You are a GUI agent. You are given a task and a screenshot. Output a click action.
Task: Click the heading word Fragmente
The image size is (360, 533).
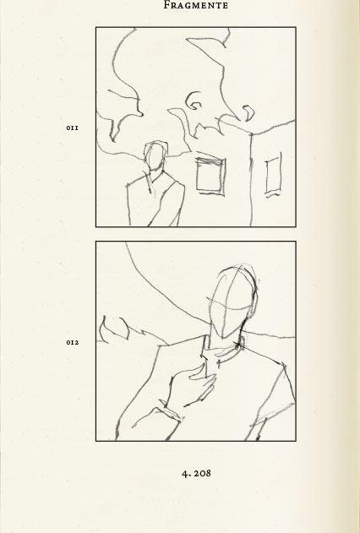(195, 5)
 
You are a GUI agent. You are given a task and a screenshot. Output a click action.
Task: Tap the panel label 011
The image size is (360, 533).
(72, 128)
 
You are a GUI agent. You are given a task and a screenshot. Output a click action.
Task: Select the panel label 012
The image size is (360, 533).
(73, 342)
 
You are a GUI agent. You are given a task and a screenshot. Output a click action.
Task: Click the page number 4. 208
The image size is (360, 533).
(197, 473)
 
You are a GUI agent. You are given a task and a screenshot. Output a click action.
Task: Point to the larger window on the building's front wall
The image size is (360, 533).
(210, 176)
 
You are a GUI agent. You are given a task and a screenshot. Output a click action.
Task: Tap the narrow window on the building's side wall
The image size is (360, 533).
(273, 176)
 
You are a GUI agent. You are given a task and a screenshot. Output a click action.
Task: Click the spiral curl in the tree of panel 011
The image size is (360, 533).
(194, 101)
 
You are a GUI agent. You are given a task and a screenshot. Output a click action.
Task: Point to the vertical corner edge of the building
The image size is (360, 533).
(251, 179)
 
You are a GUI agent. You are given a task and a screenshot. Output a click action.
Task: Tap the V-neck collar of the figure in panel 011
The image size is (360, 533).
(155, 179)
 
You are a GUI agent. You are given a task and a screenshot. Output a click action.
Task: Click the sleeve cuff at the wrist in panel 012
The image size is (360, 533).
(172, 413)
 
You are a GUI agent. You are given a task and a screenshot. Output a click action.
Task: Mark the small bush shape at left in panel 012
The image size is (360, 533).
(114, 329)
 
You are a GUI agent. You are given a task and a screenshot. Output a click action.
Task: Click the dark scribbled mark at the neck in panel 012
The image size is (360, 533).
(237, 345)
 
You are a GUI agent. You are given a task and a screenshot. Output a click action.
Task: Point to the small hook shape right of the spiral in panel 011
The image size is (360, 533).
(248, 113)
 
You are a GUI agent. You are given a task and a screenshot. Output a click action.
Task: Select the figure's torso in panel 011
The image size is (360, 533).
(155, 200)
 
